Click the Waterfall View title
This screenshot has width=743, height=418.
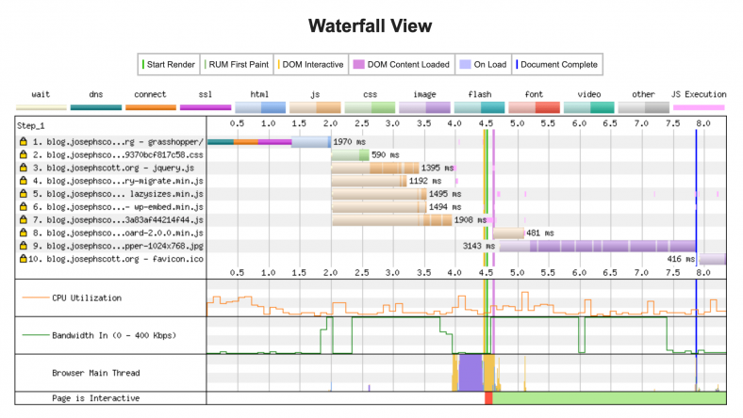(371, 24)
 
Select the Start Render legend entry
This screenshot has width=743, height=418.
(171, 65)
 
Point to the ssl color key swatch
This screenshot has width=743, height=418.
(206, 107)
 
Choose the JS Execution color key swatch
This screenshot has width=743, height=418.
(699, 107)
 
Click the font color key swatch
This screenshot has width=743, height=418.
(534, 107)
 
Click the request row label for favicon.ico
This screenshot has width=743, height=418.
(116, 258)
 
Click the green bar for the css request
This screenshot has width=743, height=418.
(350, 153)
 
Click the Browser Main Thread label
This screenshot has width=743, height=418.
(95, 373)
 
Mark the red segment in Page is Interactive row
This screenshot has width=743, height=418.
(488, 398)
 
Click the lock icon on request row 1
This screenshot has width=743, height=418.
(23, 141)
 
